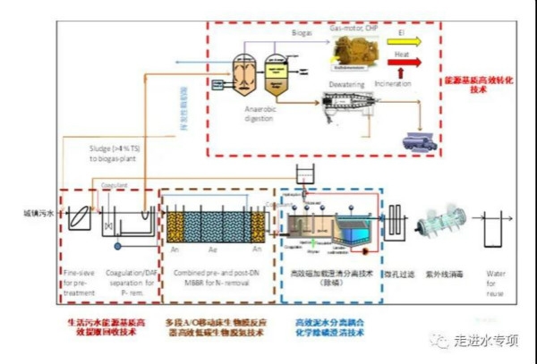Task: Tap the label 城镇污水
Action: click(x=38, y=215)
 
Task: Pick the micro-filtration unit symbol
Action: click(x=395, y=222)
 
